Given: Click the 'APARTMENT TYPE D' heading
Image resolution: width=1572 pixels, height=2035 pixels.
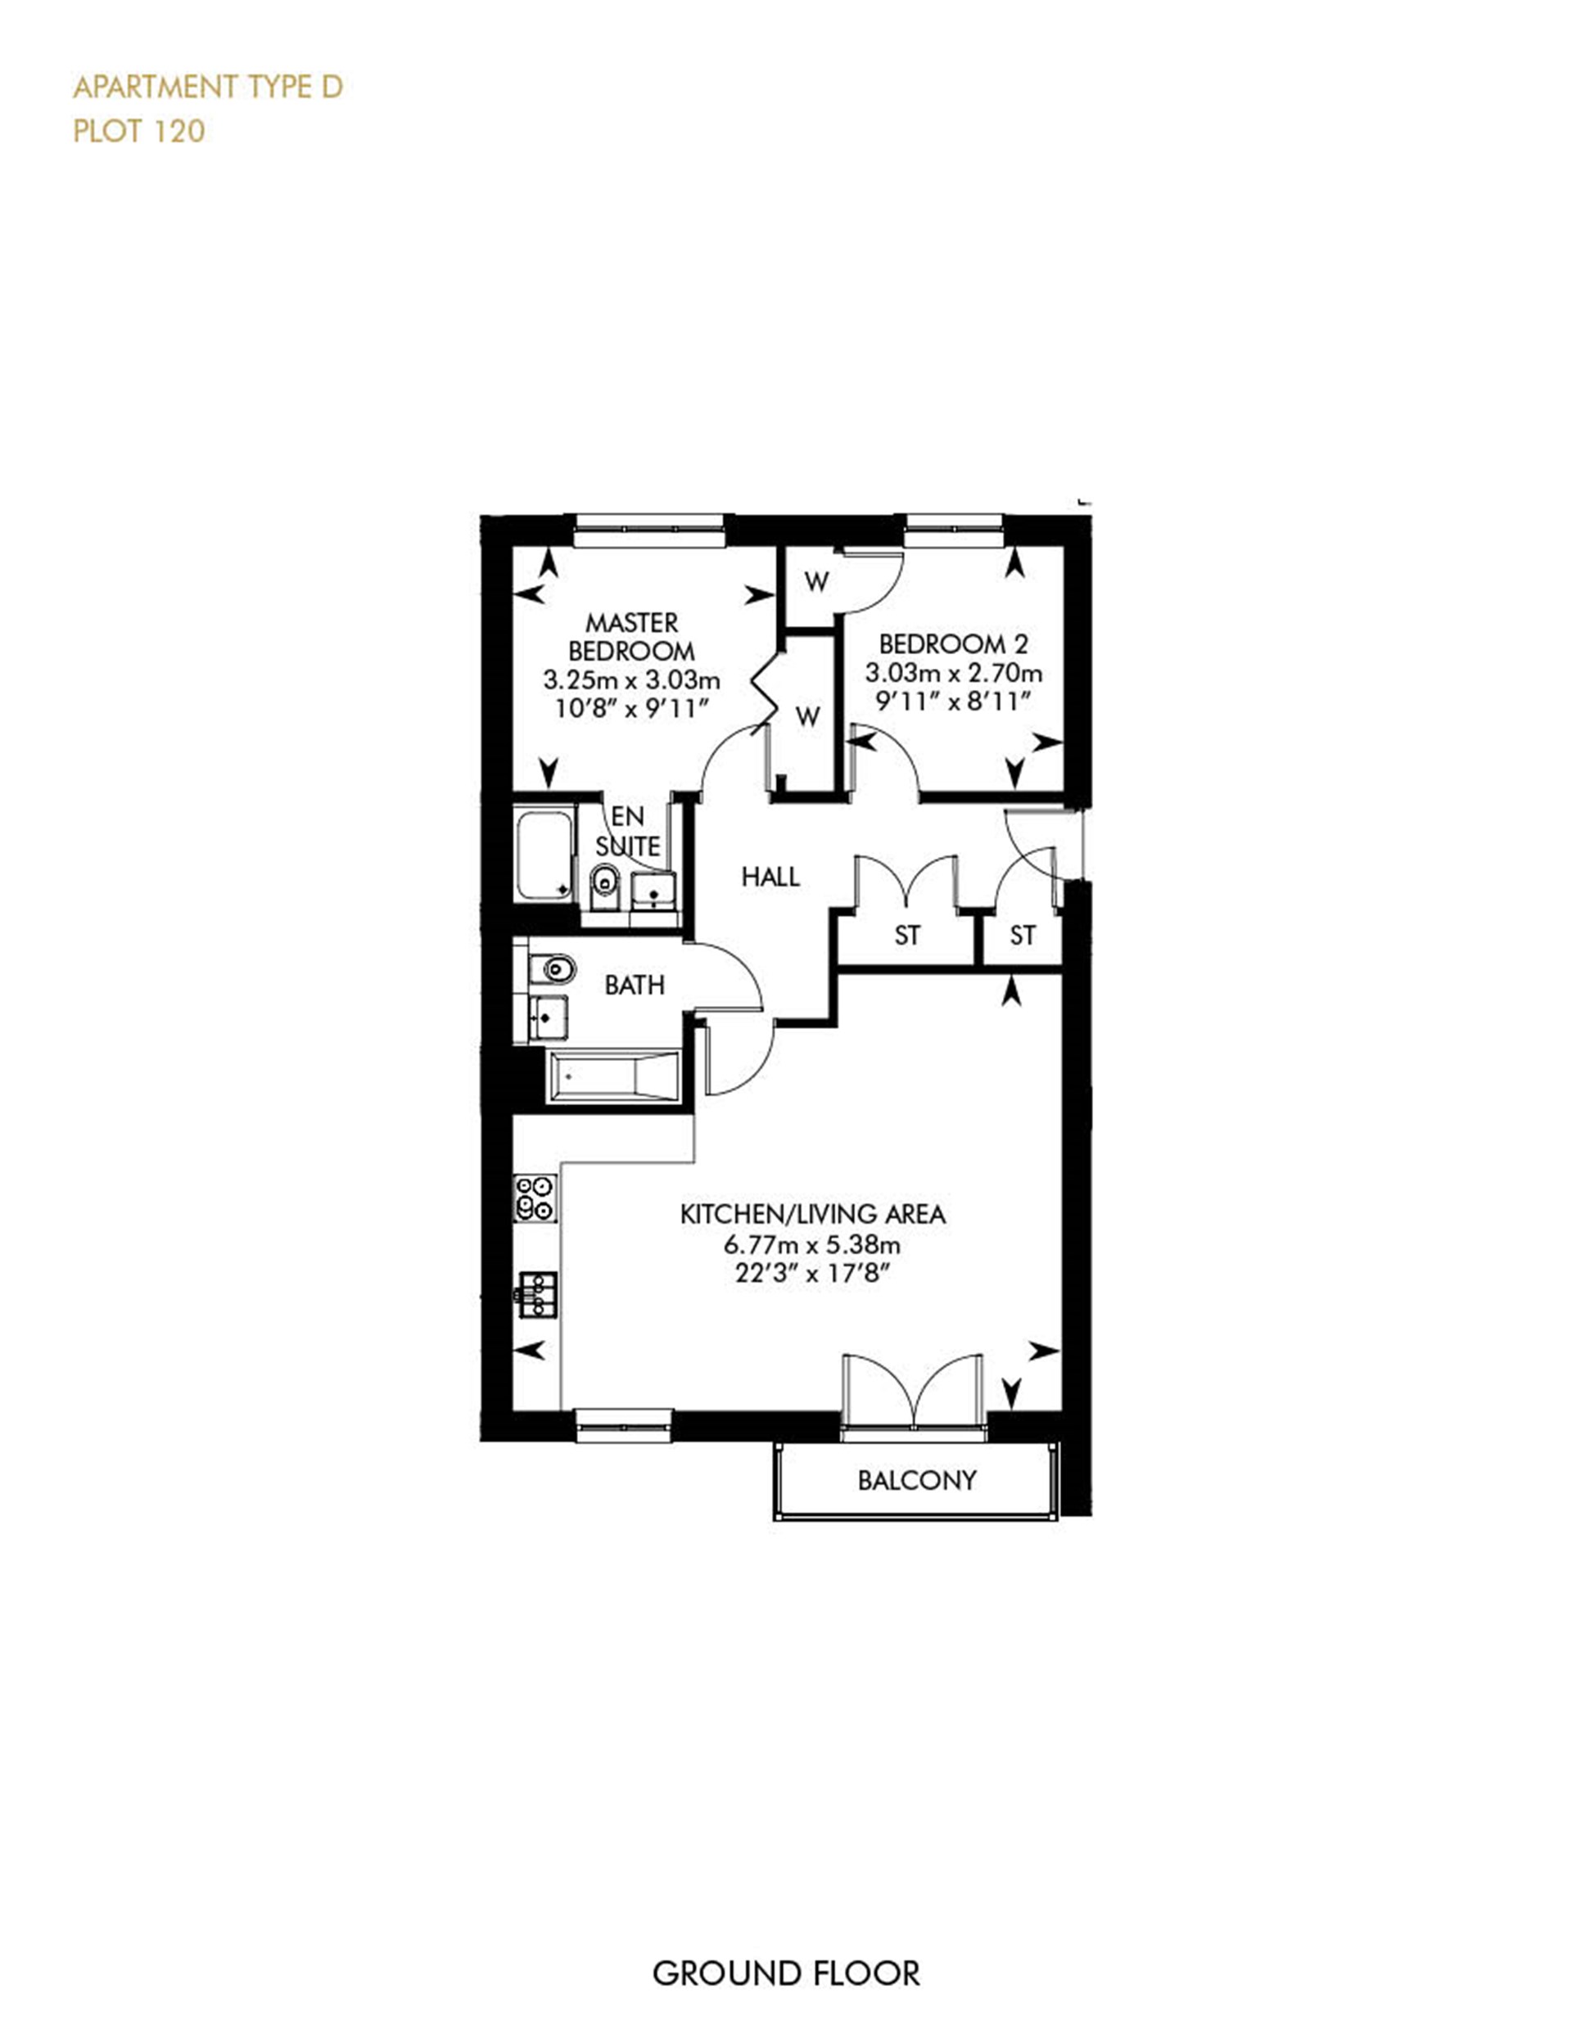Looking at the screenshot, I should tap(208, 88).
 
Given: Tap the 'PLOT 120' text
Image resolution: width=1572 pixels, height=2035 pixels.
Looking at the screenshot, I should tap(139, 131).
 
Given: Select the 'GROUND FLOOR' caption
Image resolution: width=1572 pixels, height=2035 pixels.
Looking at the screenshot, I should tap(785, 1973).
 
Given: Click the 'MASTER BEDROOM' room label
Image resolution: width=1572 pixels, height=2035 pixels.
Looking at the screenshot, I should tap(632, 636).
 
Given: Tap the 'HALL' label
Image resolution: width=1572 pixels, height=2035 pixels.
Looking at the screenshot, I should tap(770, 876).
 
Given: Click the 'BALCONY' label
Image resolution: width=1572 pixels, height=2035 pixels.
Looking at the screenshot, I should tap(917, 1480).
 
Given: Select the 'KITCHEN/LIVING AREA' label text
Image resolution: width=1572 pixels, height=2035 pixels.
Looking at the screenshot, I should tap(812, 1214).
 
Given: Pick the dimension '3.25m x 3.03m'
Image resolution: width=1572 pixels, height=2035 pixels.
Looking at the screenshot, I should tap(632, 679).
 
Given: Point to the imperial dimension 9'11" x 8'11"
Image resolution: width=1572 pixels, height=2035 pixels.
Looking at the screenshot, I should tap(953, 701).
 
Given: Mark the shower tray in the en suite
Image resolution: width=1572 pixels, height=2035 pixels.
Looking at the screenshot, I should tap(545, 855).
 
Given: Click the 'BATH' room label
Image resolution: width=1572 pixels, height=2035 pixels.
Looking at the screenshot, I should tap(635, 985).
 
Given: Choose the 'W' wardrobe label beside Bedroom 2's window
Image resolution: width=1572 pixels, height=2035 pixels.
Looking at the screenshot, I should tap(816, 582).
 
